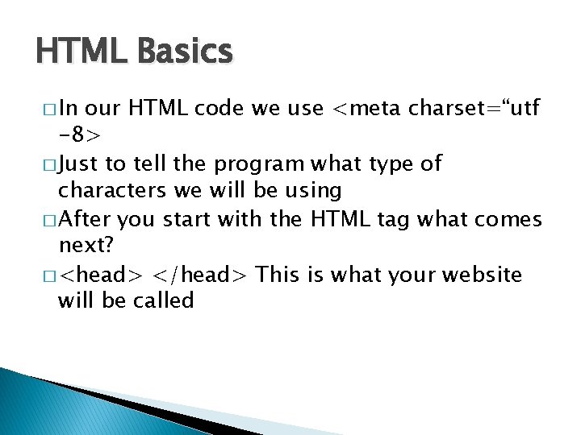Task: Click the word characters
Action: [112, 191]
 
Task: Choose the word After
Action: [86, 219]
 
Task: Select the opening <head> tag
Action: [102, 275]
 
